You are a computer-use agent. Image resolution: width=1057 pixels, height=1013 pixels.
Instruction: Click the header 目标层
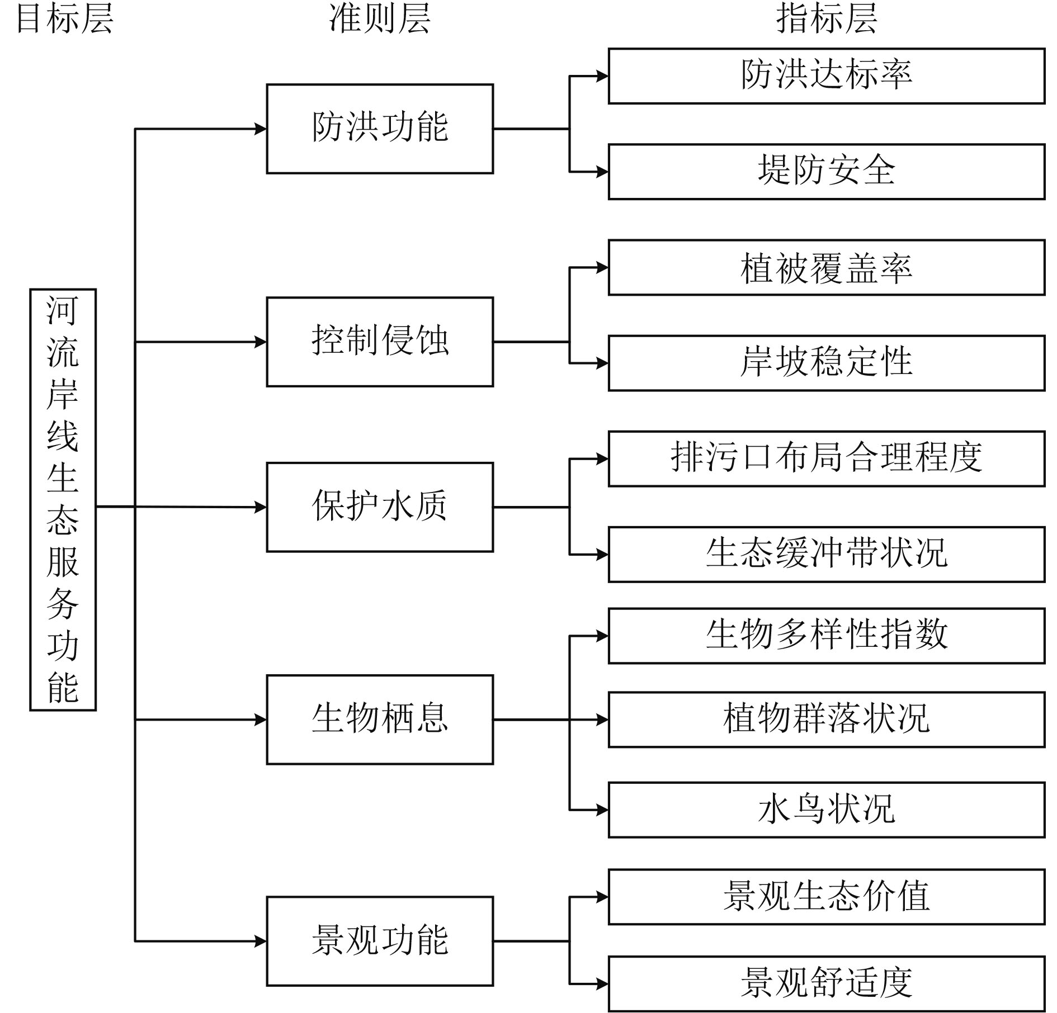65,18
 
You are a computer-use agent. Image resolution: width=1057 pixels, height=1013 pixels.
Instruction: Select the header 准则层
380,18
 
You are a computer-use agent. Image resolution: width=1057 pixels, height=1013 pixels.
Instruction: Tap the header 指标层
827,18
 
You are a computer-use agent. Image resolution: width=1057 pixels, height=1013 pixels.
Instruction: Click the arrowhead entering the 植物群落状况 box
602,719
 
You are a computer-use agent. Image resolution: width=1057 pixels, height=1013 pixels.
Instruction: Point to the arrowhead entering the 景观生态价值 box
602,897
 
